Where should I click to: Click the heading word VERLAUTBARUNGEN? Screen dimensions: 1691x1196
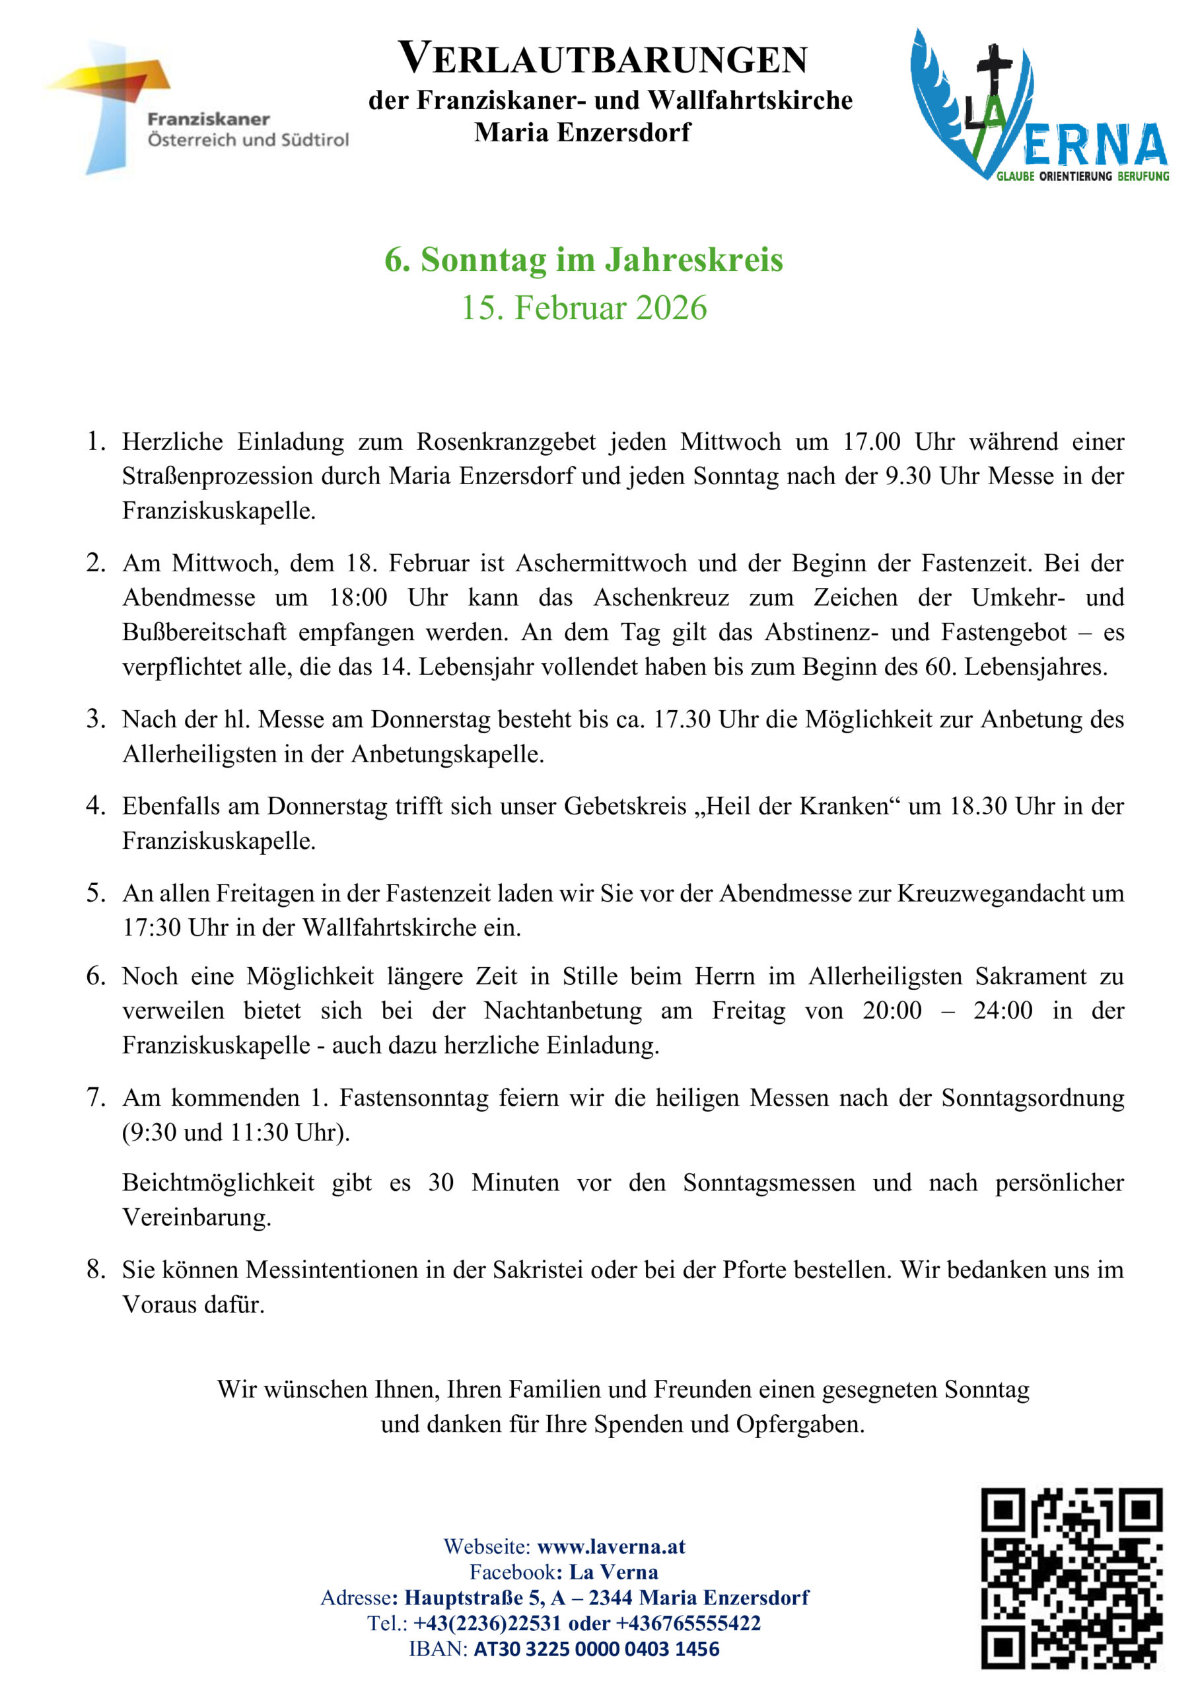pos(602,59)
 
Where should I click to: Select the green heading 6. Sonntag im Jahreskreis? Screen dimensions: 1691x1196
pos(583,259)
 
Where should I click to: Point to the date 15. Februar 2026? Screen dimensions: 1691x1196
pos(583,307)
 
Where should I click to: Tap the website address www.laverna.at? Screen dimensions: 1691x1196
pos(610,1546)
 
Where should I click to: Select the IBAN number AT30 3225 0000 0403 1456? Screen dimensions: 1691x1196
pos(596,1648)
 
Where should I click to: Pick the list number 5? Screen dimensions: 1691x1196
pos(95,892)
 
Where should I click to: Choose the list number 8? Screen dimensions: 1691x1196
pos(95,1269)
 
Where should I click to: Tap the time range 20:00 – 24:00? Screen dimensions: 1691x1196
pos(947,1010)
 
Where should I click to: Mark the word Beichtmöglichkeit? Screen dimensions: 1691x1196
pos(218,1182)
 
